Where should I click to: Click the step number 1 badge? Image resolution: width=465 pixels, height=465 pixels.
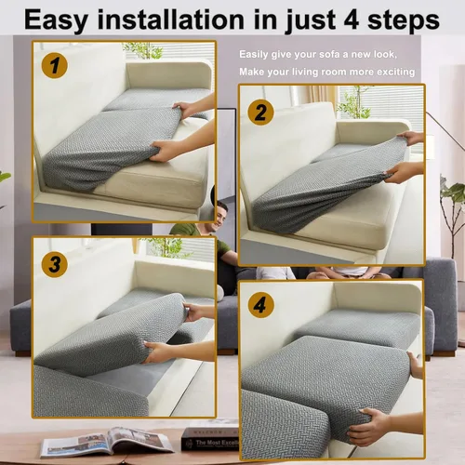tap(55, 65)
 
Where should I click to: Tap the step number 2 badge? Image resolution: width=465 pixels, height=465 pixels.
tap(260, 113)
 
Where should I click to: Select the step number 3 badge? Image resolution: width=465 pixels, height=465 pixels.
tap(55, 264)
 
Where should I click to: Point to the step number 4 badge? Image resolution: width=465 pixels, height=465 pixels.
tap(261, 305)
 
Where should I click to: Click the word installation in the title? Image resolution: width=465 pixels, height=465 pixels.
tap(171, 20)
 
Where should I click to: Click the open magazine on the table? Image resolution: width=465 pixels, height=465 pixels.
tap(107, 443)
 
